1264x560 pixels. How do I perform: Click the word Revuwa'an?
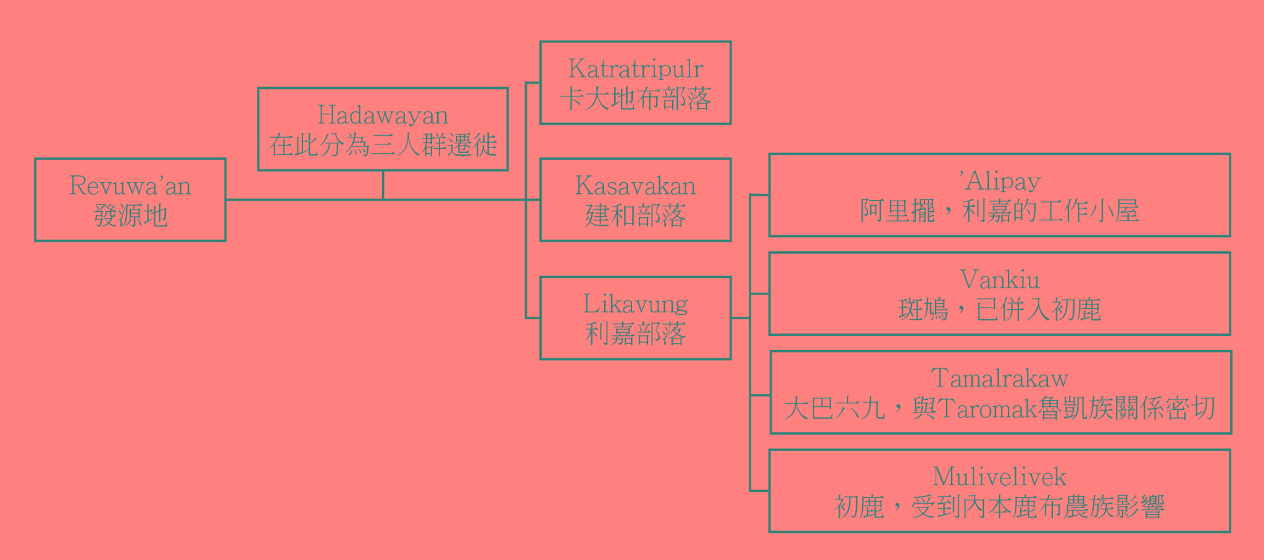[130, 186]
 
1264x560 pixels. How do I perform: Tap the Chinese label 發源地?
[130, 215]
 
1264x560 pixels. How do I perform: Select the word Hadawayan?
[383, 115]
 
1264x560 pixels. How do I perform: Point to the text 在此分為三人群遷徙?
[383, 145]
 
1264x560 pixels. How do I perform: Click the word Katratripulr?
[635, 69]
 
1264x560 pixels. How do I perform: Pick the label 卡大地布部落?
[635, 99]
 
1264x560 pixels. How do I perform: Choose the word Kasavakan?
[635, 186]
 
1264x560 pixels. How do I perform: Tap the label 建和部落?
[635, 215]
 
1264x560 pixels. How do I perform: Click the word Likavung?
[635, 304]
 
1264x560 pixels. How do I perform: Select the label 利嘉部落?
[635, 334]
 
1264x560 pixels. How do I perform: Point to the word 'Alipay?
[1000, 182]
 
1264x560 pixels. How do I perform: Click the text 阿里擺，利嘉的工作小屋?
[1000, 211]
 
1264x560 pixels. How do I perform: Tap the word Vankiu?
[1000, 280]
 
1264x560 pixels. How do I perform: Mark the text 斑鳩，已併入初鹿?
[1000, 310]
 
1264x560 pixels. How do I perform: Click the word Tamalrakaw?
[1000, 378]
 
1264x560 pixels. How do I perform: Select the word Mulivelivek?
[1000, 477]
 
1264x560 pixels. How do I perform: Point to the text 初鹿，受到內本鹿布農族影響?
[1000, 507]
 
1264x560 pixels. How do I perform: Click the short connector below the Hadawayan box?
[383, 185]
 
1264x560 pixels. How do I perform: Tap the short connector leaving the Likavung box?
[740, 318]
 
